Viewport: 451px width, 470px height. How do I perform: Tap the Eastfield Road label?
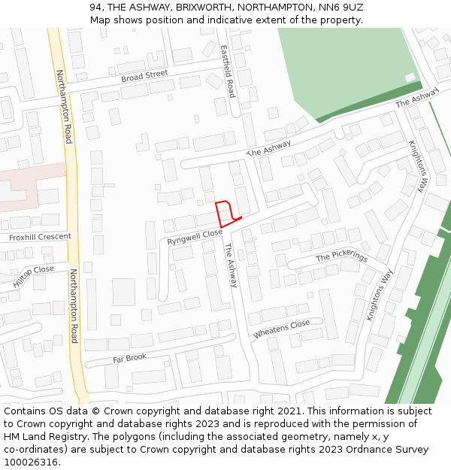coord(229,71)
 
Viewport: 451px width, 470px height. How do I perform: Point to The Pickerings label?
coord(342,256)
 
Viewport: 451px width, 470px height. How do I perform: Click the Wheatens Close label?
coord(282,329)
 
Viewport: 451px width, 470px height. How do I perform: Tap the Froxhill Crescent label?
coord(40,237)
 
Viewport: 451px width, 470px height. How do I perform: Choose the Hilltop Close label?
coord(34,277)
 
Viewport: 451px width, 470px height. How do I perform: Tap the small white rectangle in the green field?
coord(410,77)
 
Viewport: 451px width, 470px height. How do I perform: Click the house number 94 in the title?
coord(95,7)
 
